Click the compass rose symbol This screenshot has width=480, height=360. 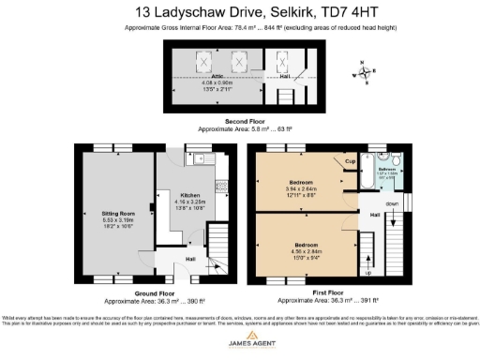pos(363,69)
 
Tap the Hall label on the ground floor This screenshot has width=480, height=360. pos(188,258)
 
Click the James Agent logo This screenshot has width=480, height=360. pos(239,347)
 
